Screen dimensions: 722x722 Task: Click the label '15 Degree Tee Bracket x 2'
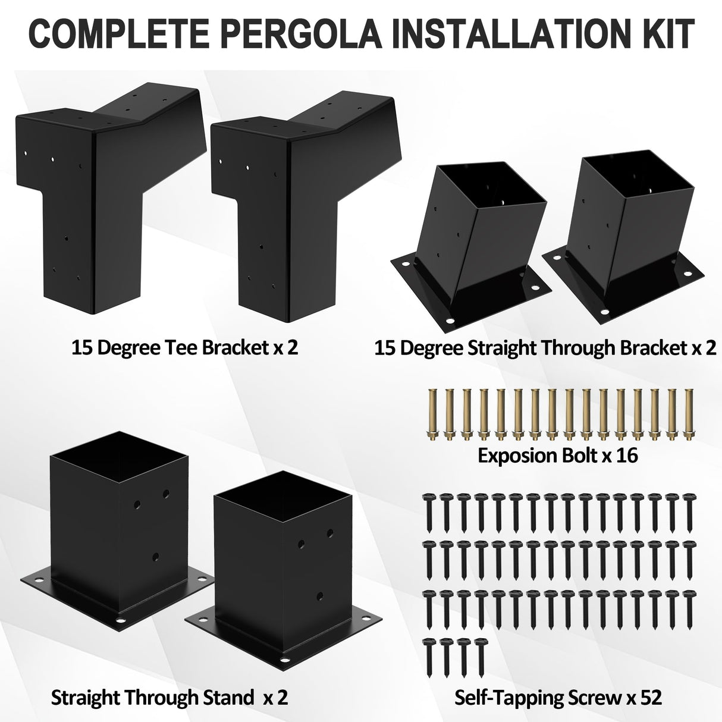(x=184, y=347)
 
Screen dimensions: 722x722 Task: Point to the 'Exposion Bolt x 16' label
(x=558, y=456)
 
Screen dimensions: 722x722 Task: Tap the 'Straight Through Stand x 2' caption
(x=169, y=697)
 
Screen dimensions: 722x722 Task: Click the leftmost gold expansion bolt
(x=432, y=414)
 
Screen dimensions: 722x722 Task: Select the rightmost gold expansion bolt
(x=689, y=414)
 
